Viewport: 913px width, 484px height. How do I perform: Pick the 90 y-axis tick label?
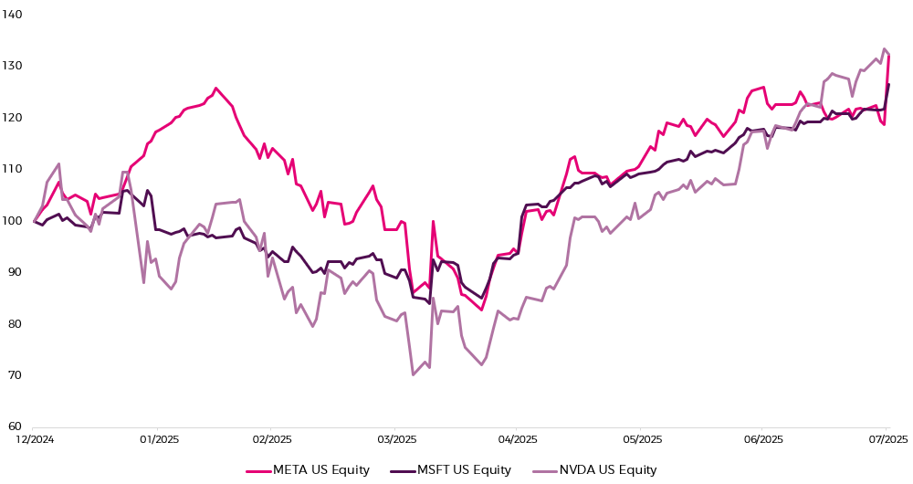pyautogui.click(x=14, y=271)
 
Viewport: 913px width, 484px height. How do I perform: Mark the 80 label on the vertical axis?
pyautogui.click(x=14, y=323)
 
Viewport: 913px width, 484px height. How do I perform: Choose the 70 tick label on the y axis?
pyautogui.click(x=14, y=374)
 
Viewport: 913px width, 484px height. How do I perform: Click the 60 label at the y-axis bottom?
pyautogui.click(x=14, y=426)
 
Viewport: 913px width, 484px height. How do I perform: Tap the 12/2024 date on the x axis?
pyautogui.click(x=34, y=440)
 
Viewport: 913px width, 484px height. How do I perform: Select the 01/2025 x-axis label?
pyautogui.click(x=156, y=440)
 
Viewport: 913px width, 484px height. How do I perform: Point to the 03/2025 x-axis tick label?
pyautogui.click(x=394, y=440)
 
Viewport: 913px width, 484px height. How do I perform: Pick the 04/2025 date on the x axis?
pyautogui.click(x=516, y=440)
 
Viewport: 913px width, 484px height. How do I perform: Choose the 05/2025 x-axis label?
pyautogui.click(x=639, y=440)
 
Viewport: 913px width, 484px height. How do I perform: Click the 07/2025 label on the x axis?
pyautogui.click(x=885, y=440)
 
